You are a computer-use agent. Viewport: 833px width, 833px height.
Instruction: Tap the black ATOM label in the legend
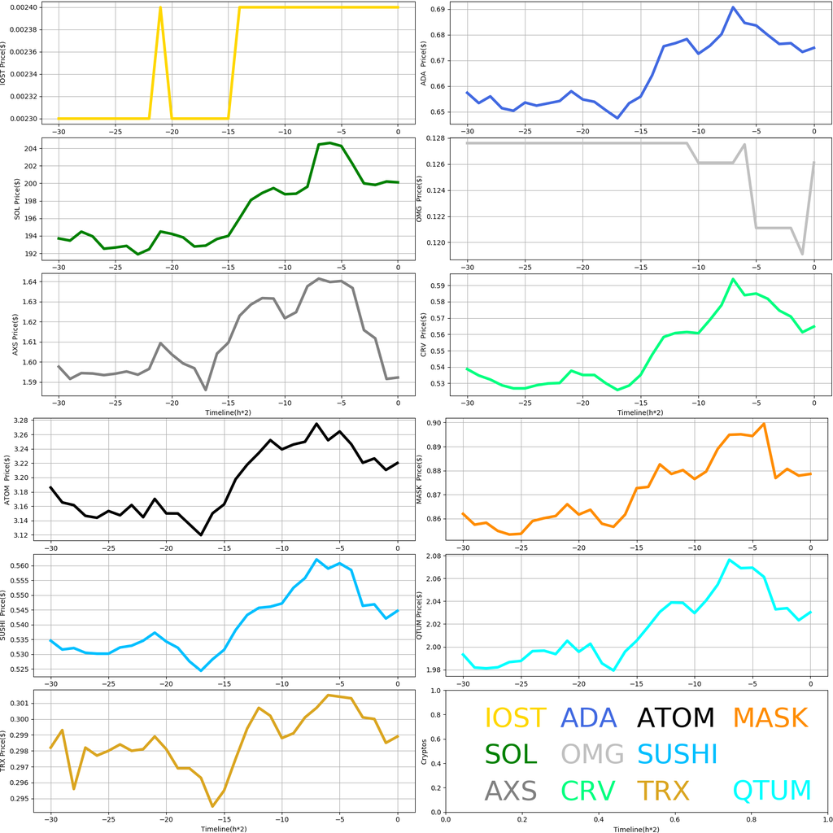[675, 718]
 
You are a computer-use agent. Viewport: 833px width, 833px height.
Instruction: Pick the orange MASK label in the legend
[770, 718]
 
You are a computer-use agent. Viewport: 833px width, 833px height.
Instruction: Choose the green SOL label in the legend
[511, 754]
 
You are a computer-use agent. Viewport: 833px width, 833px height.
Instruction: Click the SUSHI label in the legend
[677, 754]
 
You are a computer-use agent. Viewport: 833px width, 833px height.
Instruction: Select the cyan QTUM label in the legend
[772, 790]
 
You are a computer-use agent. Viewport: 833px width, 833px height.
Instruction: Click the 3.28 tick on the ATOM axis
[23, 421]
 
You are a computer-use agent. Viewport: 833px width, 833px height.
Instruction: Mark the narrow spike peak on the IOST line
[160, 7]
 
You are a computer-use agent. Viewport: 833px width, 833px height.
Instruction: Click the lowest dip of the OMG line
[802, 254]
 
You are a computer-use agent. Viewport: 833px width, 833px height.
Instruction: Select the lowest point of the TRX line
[212, 806]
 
